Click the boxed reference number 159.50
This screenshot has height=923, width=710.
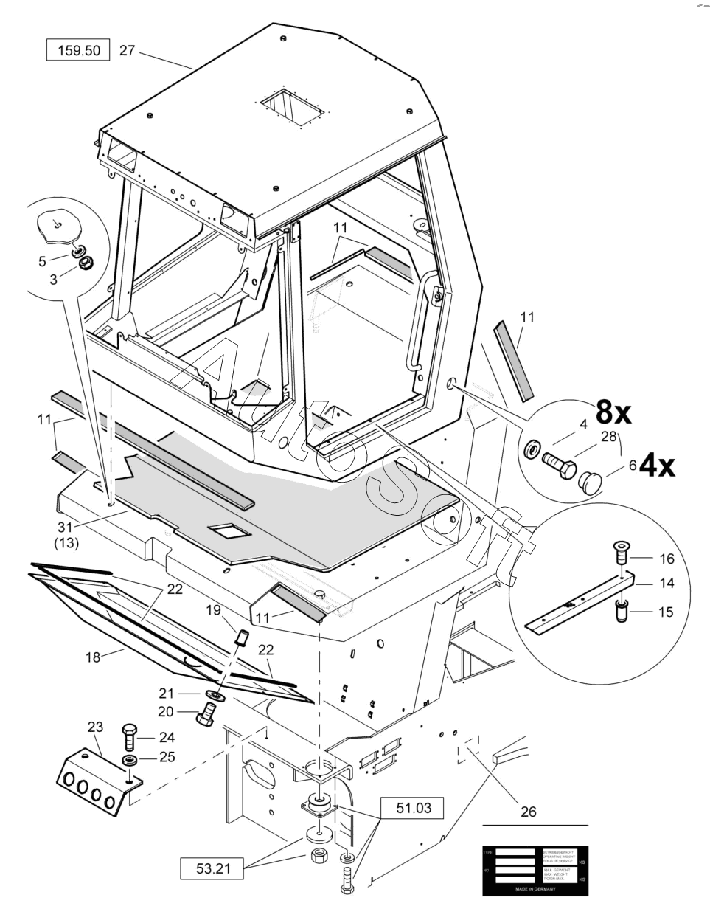tap(77, 51)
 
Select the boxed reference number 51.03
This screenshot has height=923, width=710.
tap(412, 809)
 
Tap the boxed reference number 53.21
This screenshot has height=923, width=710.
tap(213, 869)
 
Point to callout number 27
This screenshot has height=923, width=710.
tap(127, 51)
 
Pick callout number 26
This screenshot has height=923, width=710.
tap(527, 812)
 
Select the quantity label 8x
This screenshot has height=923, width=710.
tap(613, 413)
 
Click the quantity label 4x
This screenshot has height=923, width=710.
tap(657, 467)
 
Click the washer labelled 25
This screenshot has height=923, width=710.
tap(129, 760)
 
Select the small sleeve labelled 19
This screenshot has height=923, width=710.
tap(239, 637)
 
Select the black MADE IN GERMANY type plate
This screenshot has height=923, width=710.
tap(535, 870)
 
